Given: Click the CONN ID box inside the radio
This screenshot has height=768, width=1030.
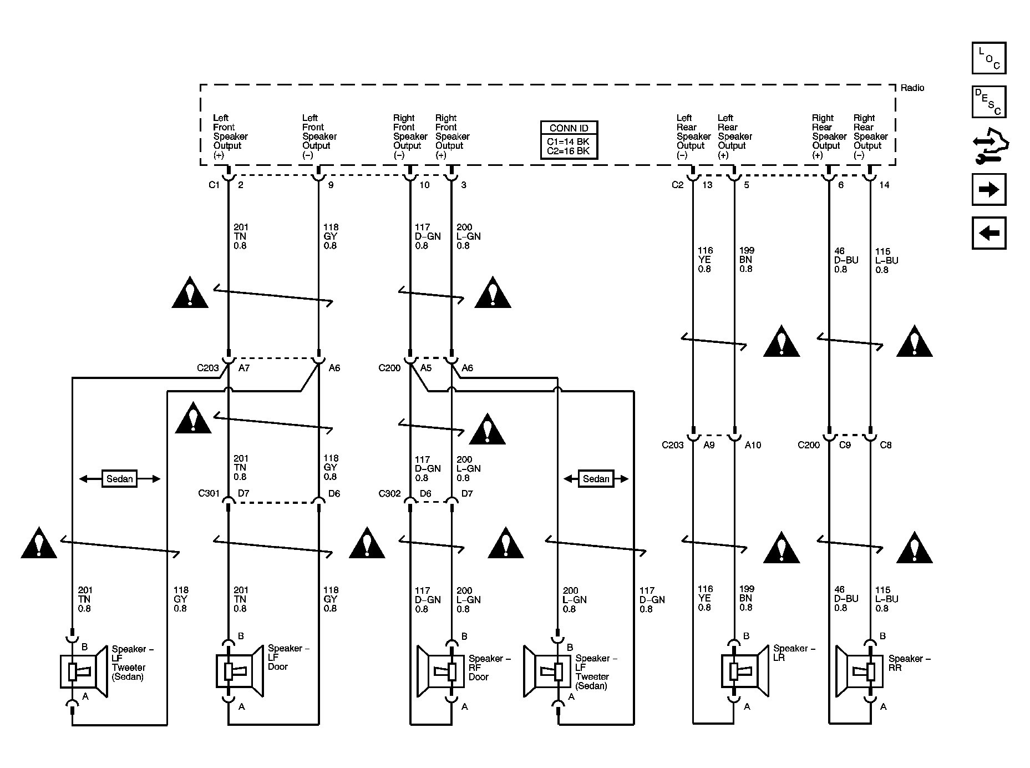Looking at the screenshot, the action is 569,140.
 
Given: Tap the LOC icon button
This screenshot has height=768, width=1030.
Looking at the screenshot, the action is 989,58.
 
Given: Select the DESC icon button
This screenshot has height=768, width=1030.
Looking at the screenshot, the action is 989,102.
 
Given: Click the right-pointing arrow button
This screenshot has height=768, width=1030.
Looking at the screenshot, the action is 989,189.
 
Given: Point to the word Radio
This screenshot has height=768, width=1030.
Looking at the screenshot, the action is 912,88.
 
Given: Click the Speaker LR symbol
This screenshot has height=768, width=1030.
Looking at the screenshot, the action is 745,671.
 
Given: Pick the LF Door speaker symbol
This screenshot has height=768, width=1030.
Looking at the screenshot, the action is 239,671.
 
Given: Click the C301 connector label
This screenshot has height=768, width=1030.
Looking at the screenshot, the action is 209,493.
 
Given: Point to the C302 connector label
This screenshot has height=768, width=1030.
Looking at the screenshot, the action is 389,493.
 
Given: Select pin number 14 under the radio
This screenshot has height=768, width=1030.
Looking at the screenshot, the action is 884,185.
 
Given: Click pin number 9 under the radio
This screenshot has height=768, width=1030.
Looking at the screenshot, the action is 331,185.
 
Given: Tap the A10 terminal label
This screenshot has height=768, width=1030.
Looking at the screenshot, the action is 753,444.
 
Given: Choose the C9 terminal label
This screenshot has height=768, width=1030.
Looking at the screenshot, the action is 845,444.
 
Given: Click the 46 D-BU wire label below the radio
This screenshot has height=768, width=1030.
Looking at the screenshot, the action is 846,260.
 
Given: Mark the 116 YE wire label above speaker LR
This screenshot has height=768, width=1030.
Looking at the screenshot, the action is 704,598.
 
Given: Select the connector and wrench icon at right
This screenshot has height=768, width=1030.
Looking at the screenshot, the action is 991,145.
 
